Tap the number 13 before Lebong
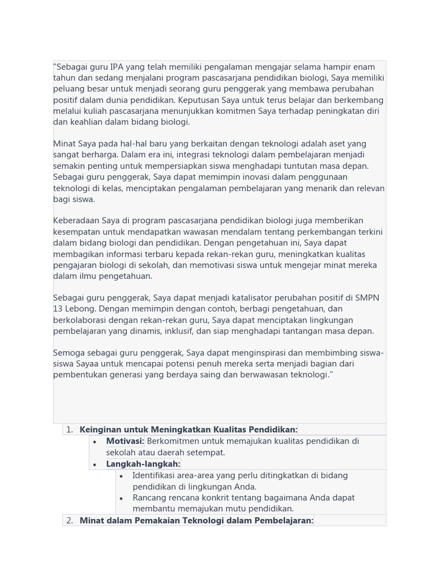point(58,309)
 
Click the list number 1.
point(69,430)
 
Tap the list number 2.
point(69,520)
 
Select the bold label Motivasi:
point(125,441)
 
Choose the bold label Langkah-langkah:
point(143,464)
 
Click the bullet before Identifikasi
point(121,476)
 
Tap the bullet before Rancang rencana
point(121,498)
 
